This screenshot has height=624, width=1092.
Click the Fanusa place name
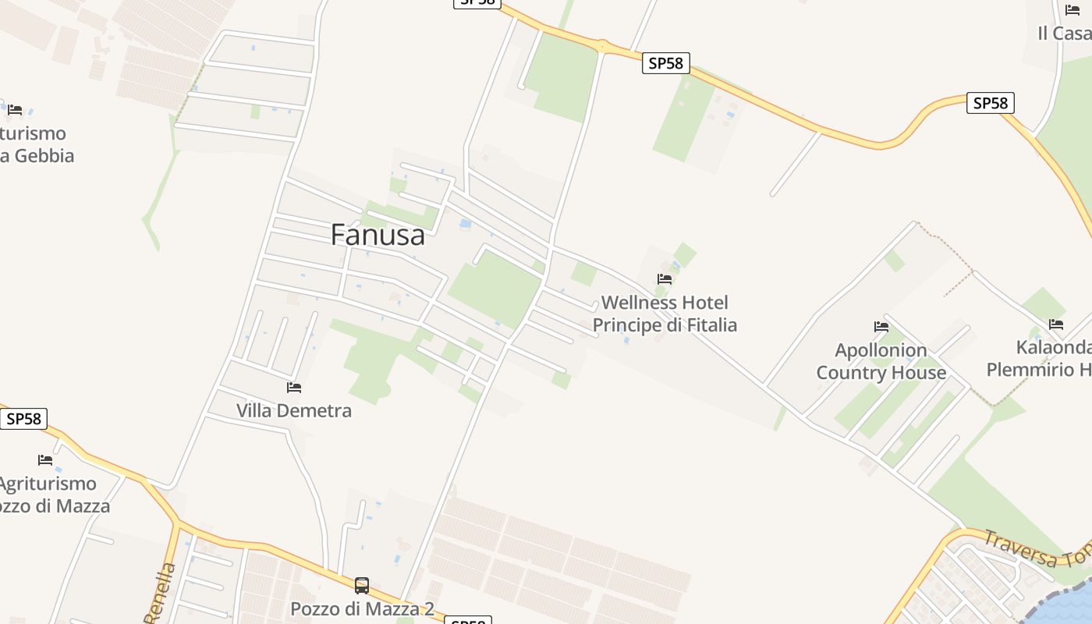coord(378,235)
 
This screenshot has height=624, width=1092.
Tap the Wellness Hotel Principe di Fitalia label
coord(665,314)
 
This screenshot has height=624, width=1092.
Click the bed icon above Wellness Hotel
coord(665,278)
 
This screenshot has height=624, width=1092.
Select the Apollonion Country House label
coord(881,361)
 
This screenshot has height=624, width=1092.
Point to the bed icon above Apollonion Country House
coord(881,326)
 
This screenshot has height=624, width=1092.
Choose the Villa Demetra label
coord(294,410)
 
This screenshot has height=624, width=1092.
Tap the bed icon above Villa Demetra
coord(294,387)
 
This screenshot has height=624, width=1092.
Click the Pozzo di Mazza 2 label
coord(362,608)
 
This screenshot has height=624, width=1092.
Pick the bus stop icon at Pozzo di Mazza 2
coord(362,585)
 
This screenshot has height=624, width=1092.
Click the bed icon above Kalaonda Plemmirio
coord(1056,324)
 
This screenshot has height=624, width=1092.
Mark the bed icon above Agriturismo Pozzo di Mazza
coord(45,460)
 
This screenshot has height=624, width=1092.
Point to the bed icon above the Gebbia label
coord(15,109)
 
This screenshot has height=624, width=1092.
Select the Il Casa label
coord(1064,34)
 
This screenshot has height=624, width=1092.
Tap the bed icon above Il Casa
coord(1072,10)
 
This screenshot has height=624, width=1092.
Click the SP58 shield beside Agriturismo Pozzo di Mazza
coord(23,419)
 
